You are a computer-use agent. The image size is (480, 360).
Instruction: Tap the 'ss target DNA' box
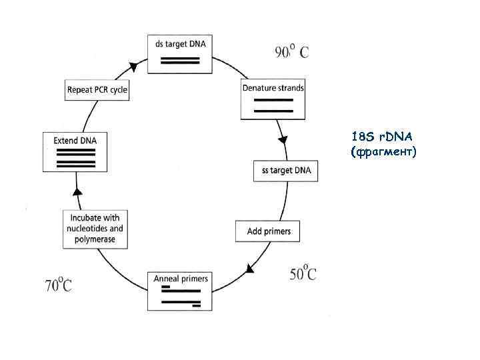286,171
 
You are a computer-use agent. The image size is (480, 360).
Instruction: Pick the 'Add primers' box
269,231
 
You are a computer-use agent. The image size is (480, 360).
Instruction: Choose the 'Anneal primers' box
181,291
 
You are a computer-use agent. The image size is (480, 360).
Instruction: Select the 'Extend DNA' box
75,151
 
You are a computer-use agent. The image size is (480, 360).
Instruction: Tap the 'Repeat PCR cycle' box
97,90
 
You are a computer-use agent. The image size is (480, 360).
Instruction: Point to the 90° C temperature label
292,52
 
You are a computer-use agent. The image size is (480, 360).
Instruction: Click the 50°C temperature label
303,273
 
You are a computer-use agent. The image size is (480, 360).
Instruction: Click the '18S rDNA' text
382,137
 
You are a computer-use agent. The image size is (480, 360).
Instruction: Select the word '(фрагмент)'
383,153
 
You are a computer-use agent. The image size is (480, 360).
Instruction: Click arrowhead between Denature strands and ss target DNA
283,140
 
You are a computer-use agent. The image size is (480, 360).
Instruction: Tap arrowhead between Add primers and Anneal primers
250,268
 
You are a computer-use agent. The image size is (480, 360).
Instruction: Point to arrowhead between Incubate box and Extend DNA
77,192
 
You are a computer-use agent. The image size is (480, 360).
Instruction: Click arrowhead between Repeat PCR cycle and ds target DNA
133,67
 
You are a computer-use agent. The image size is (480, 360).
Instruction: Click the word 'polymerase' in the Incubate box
95,239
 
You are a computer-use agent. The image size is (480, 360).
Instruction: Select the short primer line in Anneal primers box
166,287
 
